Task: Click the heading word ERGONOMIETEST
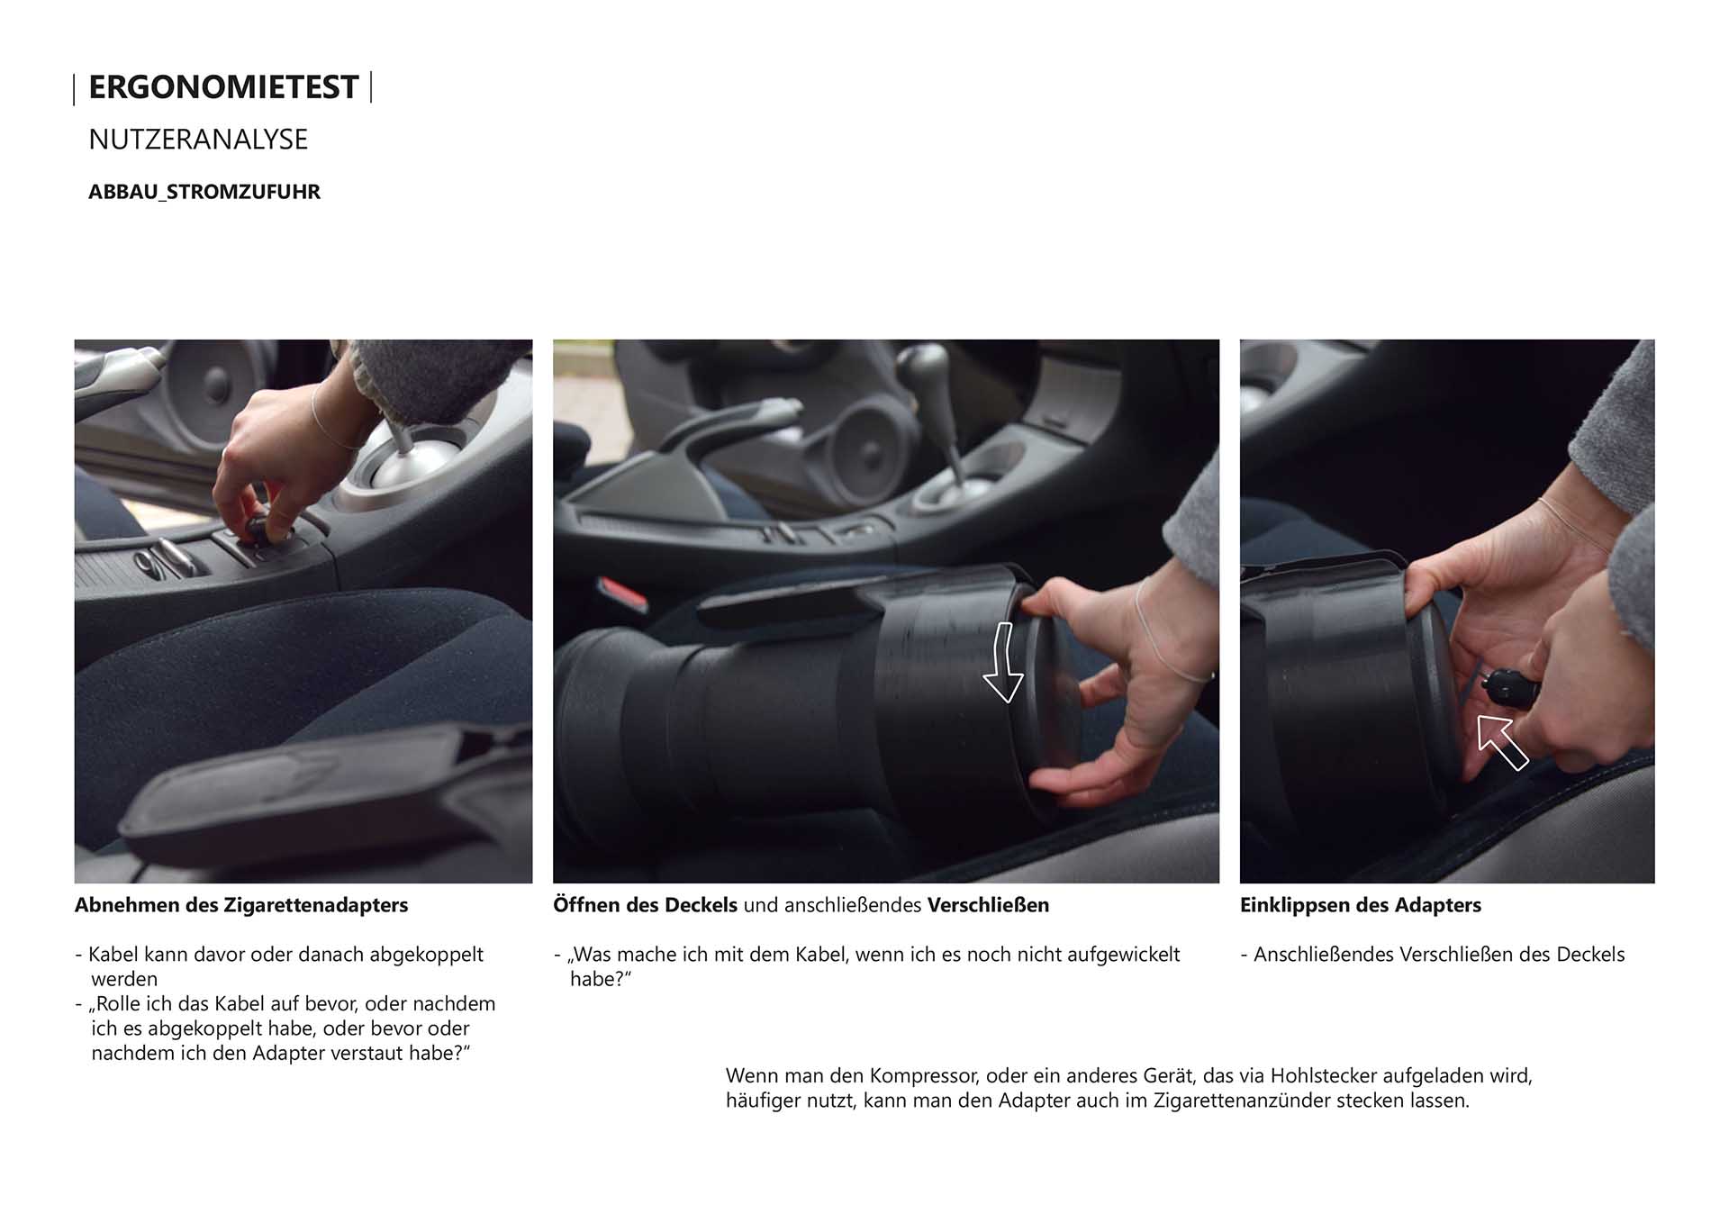tap(223, 87)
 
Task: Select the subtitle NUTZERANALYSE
tap(198, 140)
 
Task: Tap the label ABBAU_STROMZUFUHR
tap(204, 192)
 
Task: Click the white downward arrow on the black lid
tap(1002, 662)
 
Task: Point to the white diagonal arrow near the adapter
tap(1502, 742)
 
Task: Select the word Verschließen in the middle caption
tap(988, 905)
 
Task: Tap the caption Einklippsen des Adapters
tap(1360, 905)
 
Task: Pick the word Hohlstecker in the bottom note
tap(1324, 1075)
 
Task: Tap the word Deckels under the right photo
tap(1589, 955)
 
